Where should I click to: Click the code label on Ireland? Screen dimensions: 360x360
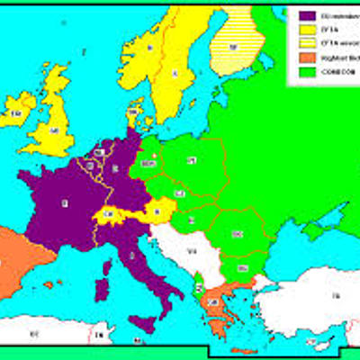coord(15,114)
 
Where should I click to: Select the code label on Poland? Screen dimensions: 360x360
coord(192,161)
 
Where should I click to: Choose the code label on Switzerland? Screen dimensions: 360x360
coord(109,213)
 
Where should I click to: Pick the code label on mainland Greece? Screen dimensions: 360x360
coord(212,303)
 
